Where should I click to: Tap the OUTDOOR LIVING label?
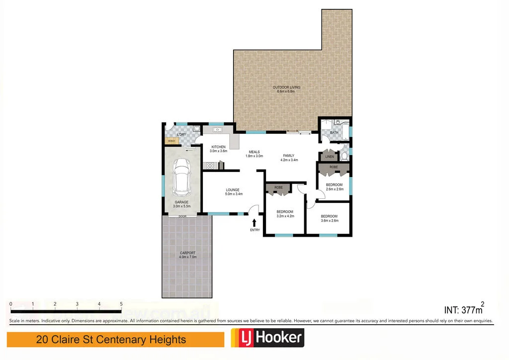pyautogui.click(x=286, y=88)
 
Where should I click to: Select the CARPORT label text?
pyautogui.click(x=188, y=253)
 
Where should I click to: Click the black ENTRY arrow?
pyautogui.click(x=255, y=223)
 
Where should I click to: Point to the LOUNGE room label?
pyautogui.click(x=233, y=189)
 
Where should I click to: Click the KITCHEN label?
pyautogui.click(x=219, y=147)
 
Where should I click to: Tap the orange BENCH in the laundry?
pyautogui.click(x=171, y=141)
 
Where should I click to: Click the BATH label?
pyautogui.click(x=334, y=133)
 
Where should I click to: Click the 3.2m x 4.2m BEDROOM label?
pyautogui.click(x=285, y=212)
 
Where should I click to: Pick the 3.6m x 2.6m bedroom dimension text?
pyautogui.click(x=329, y=221)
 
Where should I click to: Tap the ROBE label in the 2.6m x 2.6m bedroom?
pyautogui.click(x=334, y=168)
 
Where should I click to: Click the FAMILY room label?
pyautogui.click(x=289, y=156)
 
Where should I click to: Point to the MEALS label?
pyautogui.click(x=254, y=152)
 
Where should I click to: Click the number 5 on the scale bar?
pyautogui.click(x=121, y=304)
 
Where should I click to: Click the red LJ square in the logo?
pyautogui.click(x=242, y=339)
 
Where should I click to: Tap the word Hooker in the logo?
pyautogui.click(x=278, y=339)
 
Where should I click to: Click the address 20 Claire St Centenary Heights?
pyautogui.click(x=111, y=340)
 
